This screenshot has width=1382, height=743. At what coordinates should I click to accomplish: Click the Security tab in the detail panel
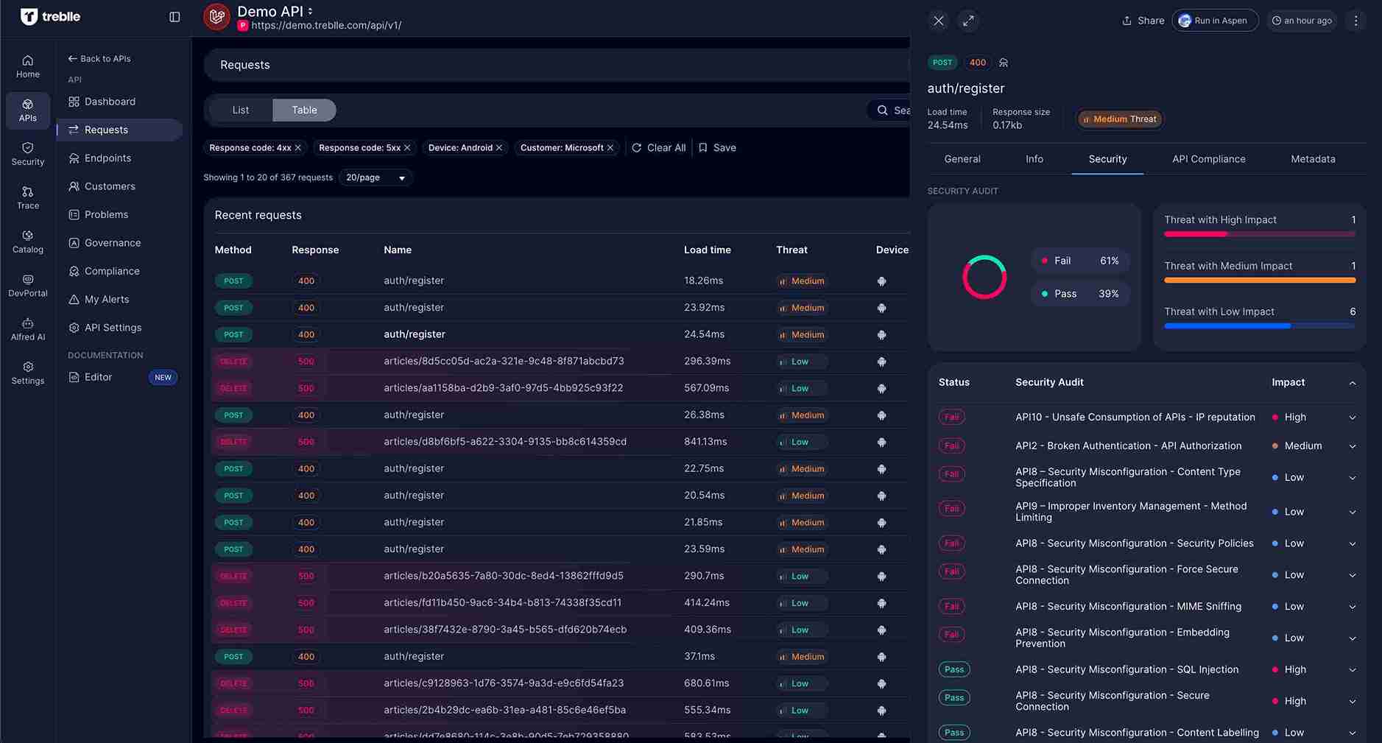point(1107,159)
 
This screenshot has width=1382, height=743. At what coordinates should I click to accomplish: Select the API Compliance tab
point(1208,159)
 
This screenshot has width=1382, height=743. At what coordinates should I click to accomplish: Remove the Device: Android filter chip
point(499,148)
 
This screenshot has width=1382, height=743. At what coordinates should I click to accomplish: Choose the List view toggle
point(241,110)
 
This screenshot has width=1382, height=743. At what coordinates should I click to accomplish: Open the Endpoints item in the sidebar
point(107,158)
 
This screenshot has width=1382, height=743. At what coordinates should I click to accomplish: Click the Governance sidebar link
point(112,243)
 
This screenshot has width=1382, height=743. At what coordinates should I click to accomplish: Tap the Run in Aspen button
point(1214,21)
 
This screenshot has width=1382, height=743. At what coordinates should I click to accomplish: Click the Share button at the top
point(1143,21)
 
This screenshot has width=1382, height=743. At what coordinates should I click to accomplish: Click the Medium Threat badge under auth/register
point(1119,119)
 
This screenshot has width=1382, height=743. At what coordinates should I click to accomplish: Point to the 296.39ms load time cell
point(707,362)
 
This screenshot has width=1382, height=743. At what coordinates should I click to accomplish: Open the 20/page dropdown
point(376,177)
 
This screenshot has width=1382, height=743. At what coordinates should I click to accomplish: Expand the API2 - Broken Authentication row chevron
point(1352,446)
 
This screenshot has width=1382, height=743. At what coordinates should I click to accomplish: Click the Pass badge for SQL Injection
point(953,669)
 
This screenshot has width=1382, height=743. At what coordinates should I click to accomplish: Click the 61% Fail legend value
point(1109,261)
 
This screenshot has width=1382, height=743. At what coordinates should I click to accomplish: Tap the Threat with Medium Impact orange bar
point(1259,281)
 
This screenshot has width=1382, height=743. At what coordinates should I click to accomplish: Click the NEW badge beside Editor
point(163,378)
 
